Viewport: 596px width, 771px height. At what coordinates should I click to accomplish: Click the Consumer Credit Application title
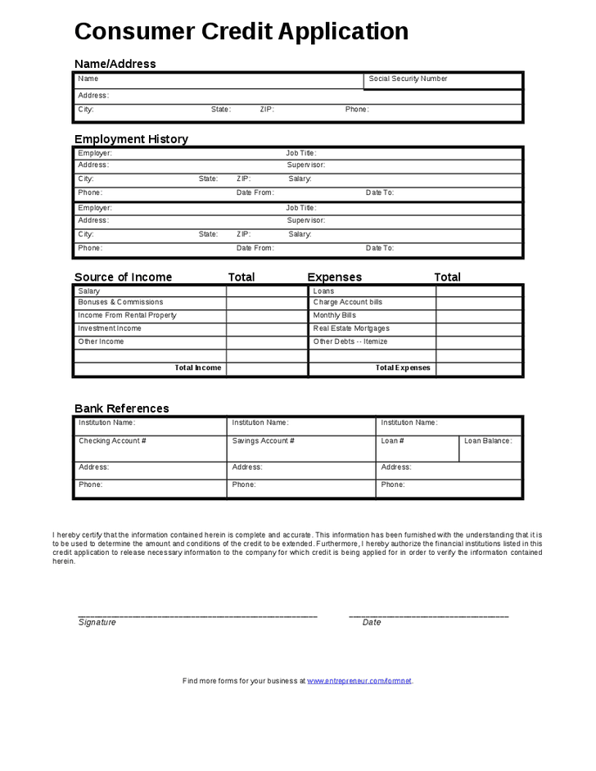click(x=242, y=32)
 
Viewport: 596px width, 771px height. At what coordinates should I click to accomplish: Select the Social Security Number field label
click(x=408, y=79)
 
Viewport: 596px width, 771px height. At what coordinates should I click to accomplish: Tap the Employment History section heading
click(x=131, y=139)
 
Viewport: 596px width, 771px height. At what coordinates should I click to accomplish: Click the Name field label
click(x=88, y=79)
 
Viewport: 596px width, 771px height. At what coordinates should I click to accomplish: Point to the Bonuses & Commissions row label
click(x=120, y=303)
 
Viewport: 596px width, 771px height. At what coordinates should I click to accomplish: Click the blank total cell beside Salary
click(x=267, y=291)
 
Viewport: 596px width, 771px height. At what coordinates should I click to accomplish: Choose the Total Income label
click(x=198, y=368)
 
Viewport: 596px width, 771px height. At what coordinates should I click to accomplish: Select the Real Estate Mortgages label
click(x=351, y=329)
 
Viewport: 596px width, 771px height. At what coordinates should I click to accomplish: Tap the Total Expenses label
click(x=403, y=368)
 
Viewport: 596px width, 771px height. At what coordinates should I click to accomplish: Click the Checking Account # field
click(x=112, y=441)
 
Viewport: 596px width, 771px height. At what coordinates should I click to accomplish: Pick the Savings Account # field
click(x=263, y=441)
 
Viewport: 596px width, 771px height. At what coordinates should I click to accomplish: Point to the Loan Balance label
click(x=488, y=441)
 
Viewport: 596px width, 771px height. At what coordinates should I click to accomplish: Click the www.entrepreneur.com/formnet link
click(x=359, y=681)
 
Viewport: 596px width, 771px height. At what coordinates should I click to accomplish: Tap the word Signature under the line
click(x=97, y=623)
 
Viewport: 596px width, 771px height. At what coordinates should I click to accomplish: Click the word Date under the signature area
click(x=372, y=623)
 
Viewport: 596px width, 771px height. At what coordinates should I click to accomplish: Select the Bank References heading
click(x=122, y=408)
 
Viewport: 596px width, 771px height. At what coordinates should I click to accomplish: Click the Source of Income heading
click(x=123, y=277)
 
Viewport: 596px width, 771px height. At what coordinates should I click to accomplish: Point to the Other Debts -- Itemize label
click(x=350, y=342)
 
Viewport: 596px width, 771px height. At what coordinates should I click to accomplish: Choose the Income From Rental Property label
click(x=127, y=316)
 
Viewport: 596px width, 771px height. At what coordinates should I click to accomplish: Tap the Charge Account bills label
click(x=347, y=303)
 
